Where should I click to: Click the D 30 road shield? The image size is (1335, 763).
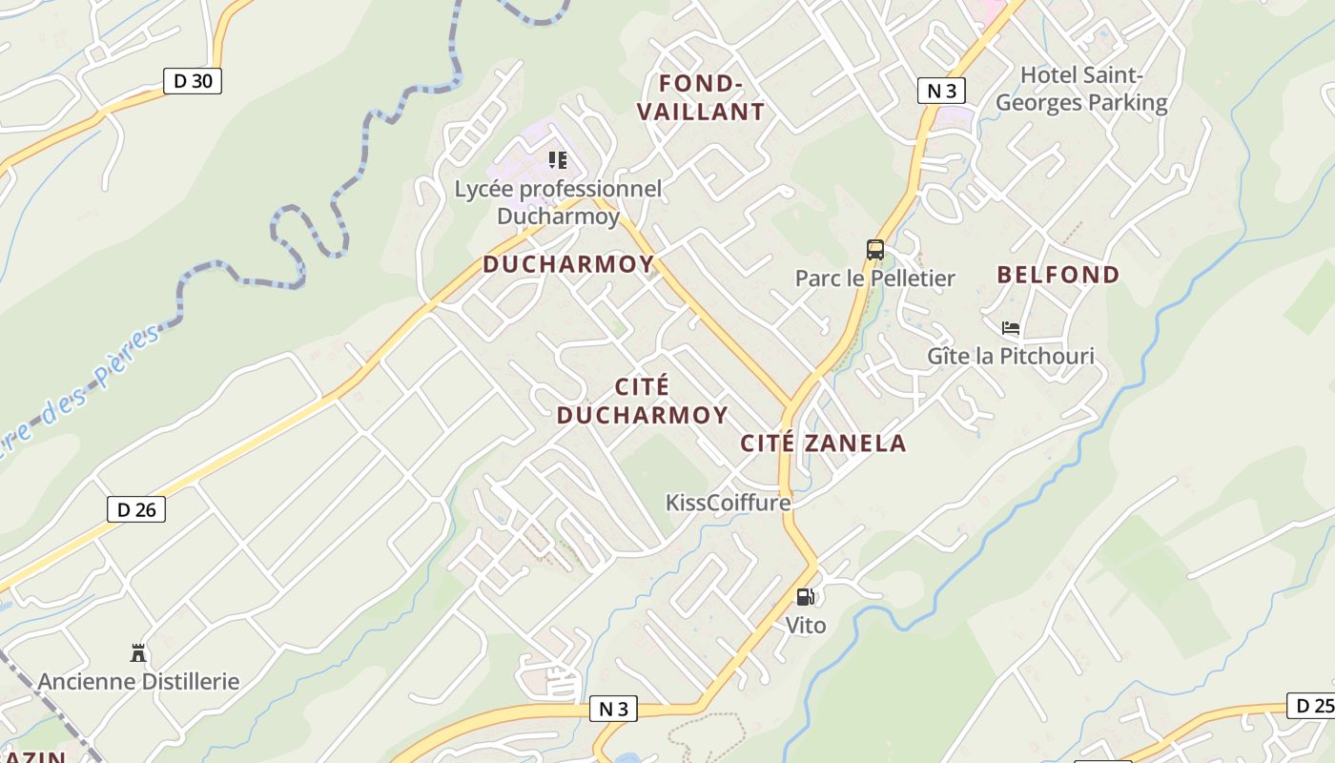click(x=193, y=81)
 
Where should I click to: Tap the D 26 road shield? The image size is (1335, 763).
click(x=136, y=509)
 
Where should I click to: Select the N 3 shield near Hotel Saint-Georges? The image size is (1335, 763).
click(x=941, y=91)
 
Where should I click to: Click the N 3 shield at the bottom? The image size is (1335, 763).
click(x=614, y=709)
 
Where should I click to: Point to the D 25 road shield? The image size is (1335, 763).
click(x=1313, y=706)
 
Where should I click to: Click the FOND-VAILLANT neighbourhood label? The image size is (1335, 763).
click(x=701, y=97)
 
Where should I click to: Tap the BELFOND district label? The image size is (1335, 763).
click(x=1058, y=275)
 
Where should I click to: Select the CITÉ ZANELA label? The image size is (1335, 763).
click(x=823, y=443)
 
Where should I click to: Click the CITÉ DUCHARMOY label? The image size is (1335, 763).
click(x=643, y=401)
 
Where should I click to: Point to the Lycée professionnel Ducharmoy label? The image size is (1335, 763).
click(x=558, y=202)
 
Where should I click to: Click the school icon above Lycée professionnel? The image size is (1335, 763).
click(x=558, y=160)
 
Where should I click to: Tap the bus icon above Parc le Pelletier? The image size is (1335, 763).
click(x=875, y=250)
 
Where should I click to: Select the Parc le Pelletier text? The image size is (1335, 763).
click(x=875, y=278)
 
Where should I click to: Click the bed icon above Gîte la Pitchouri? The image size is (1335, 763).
click(x=1011, y=328)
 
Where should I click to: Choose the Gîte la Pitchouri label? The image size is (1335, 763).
click(x=1011, y=356)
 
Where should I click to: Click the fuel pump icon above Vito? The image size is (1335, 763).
click(x=806, y=597)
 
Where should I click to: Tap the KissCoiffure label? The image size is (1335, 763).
click(x=729, y=502)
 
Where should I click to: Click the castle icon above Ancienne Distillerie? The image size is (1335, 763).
click(x=138, y=653)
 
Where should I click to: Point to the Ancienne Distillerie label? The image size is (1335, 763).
click(x=138, y=681)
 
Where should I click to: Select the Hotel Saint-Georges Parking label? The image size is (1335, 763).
click(x=1081, y=89)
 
